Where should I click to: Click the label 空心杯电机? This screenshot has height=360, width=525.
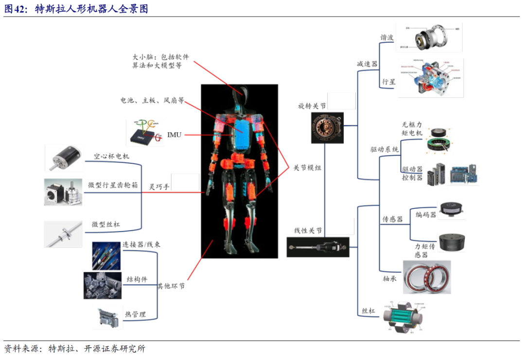click(112, 157)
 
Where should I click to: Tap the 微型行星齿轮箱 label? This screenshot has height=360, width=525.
click(113, 185)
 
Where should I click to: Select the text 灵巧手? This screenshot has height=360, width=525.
click(159, 187)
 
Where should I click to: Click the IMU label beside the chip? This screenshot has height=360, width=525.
click(174, 134)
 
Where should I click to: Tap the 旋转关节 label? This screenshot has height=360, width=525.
click(312, 106)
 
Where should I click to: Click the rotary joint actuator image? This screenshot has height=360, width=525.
click(327, 127)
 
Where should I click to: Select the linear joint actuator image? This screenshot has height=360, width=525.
click(318, 247)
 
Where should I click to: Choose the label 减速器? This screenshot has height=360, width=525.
click(367, 64)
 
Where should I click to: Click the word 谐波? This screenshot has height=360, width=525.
click(387, 37)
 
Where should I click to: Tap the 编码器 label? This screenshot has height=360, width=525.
click(426, 215)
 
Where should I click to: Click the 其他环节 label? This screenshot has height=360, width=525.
click(171, 286)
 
